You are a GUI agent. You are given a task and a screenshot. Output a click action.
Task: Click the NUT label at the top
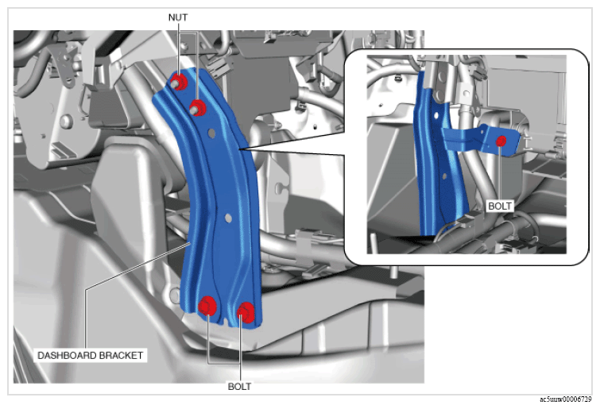coord(178,17)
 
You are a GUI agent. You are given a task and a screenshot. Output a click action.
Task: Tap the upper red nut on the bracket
coord(179,82)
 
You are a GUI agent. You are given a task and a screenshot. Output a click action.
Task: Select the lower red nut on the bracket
coord(197,108)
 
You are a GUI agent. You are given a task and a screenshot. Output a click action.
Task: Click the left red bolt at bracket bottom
coord(207,306)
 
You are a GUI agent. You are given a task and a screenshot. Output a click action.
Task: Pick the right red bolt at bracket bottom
coord(246,312)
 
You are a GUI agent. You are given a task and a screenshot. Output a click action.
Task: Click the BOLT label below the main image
coord(239,387)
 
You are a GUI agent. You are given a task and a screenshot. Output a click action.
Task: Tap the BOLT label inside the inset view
coord(500,206)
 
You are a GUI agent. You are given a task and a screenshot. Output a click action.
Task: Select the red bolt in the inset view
coord(501,141)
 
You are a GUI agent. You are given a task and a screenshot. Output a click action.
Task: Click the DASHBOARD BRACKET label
coord(90,356)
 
